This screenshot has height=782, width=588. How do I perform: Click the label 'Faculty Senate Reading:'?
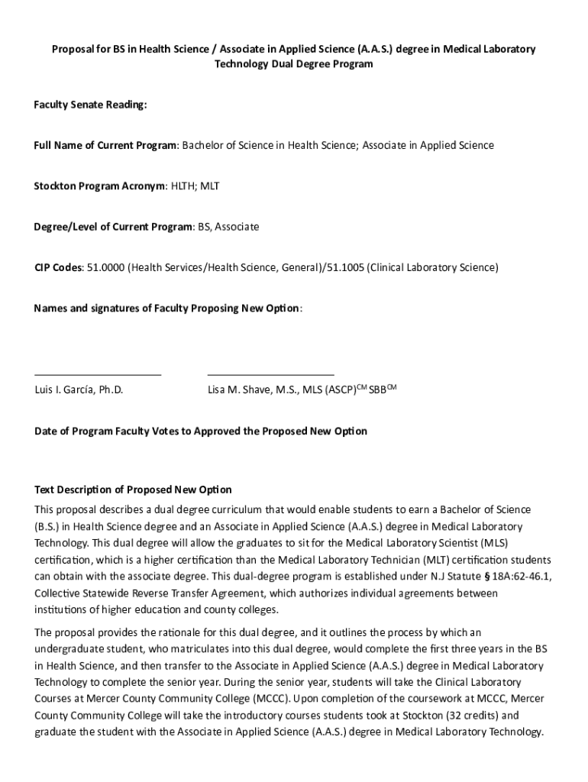point(90,105)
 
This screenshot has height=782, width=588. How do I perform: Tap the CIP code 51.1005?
point(344,268)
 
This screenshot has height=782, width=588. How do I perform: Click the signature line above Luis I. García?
point(98,375)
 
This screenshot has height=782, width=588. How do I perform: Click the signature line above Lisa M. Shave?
point(270,375)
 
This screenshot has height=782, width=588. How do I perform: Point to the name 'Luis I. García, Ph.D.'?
point(79,390)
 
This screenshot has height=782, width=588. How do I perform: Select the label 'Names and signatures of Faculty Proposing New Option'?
point(167,309)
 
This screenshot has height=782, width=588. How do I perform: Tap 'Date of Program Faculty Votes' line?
point(200,431)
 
